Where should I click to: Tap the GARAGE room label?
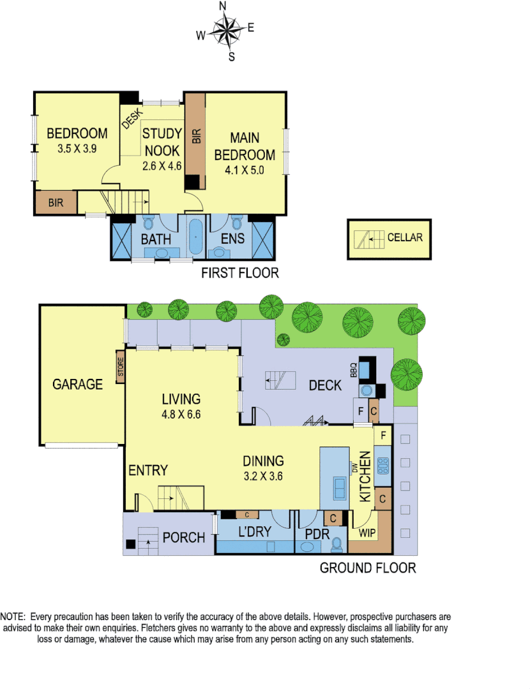[77, 384]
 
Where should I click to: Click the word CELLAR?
[405, 238]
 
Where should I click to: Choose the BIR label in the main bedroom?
[196, 136]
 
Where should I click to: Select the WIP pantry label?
[367, 532]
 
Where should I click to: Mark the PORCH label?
[185, 537]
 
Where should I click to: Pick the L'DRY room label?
[255, 531]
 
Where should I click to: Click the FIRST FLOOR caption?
[239, 273]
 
